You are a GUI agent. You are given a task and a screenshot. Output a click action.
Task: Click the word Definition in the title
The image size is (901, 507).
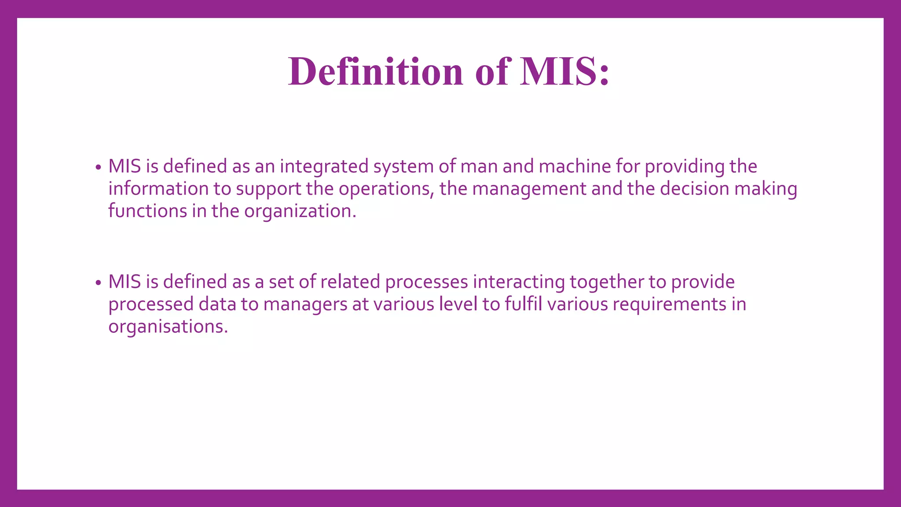click(376, 71)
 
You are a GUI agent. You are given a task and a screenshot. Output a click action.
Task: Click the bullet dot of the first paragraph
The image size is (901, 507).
click(98, 168)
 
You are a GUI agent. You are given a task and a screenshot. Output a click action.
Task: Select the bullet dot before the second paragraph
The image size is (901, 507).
click(98, 283)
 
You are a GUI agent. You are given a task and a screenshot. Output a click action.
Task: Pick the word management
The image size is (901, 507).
click(529, 189)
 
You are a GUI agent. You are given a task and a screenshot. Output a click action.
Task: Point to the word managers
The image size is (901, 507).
click(305, 305)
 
